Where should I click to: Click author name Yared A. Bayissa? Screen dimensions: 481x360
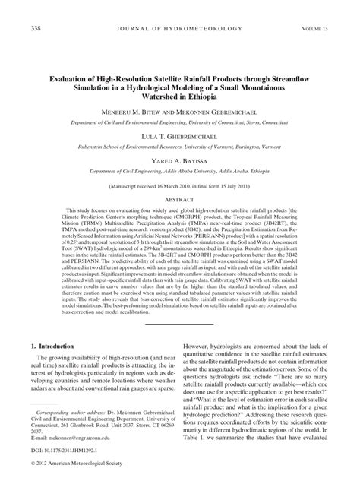click(x=180, y=161)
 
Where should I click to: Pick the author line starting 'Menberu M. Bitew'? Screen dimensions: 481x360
click(x=180, y=110)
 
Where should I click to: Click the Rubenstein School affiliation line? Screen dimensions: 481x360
click(x=180, y=143)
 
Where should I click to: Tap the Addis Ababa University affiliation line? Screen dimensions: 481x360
click(x=180, y=172)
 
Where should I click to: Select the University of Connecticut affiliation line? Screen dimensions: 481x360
click(x=180, y=121)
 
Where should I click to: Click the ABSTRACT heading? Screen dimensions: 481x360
click(x=180, y=201)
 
